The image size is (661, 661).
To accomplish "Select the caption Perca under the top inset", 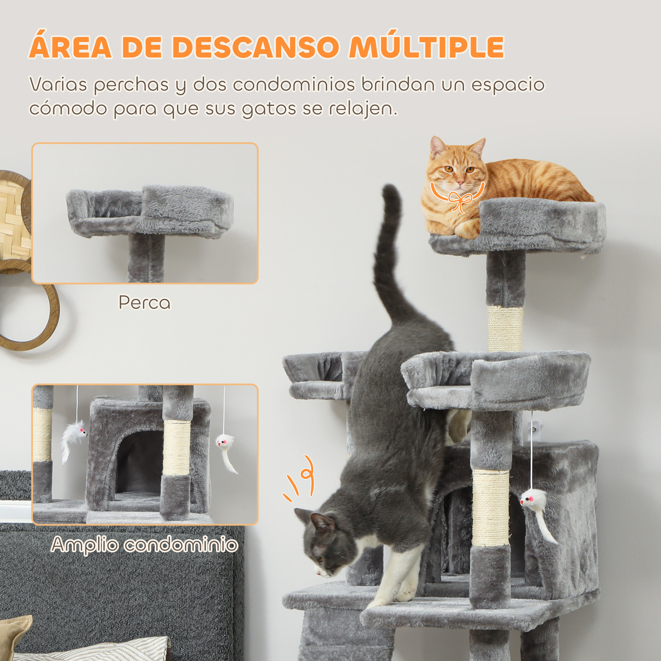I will (144, 303).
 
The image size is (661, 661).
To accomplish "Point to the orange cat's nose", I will (460, 183).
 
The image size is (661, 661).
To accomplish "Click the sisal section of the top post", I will (505, 329).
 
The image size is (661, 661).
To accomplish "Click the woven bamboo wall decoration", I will (14, 219).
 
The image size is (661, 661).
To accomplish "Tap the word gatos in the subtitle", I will (269, 109).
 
